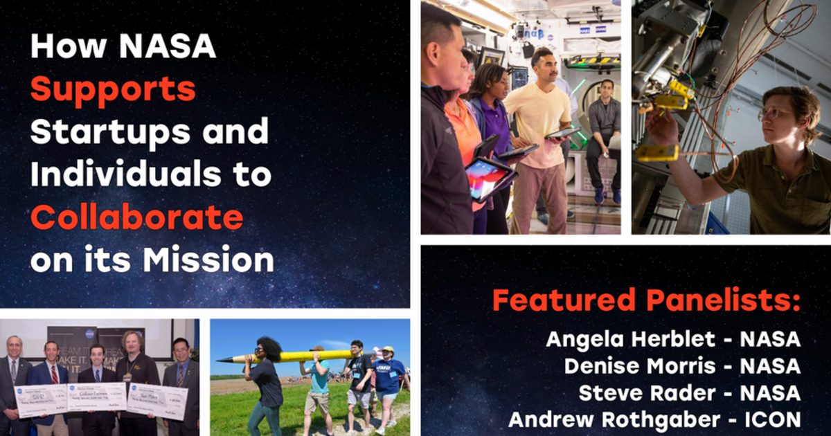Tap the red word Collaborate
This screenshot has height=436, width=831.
coord(136,218)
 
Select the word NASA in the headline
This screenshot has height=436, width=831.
coord(168,46)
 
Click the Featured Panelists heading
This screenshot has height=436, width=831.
coord(646,301)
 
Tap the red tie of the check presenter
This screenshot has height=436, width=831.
coord(54,373)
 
